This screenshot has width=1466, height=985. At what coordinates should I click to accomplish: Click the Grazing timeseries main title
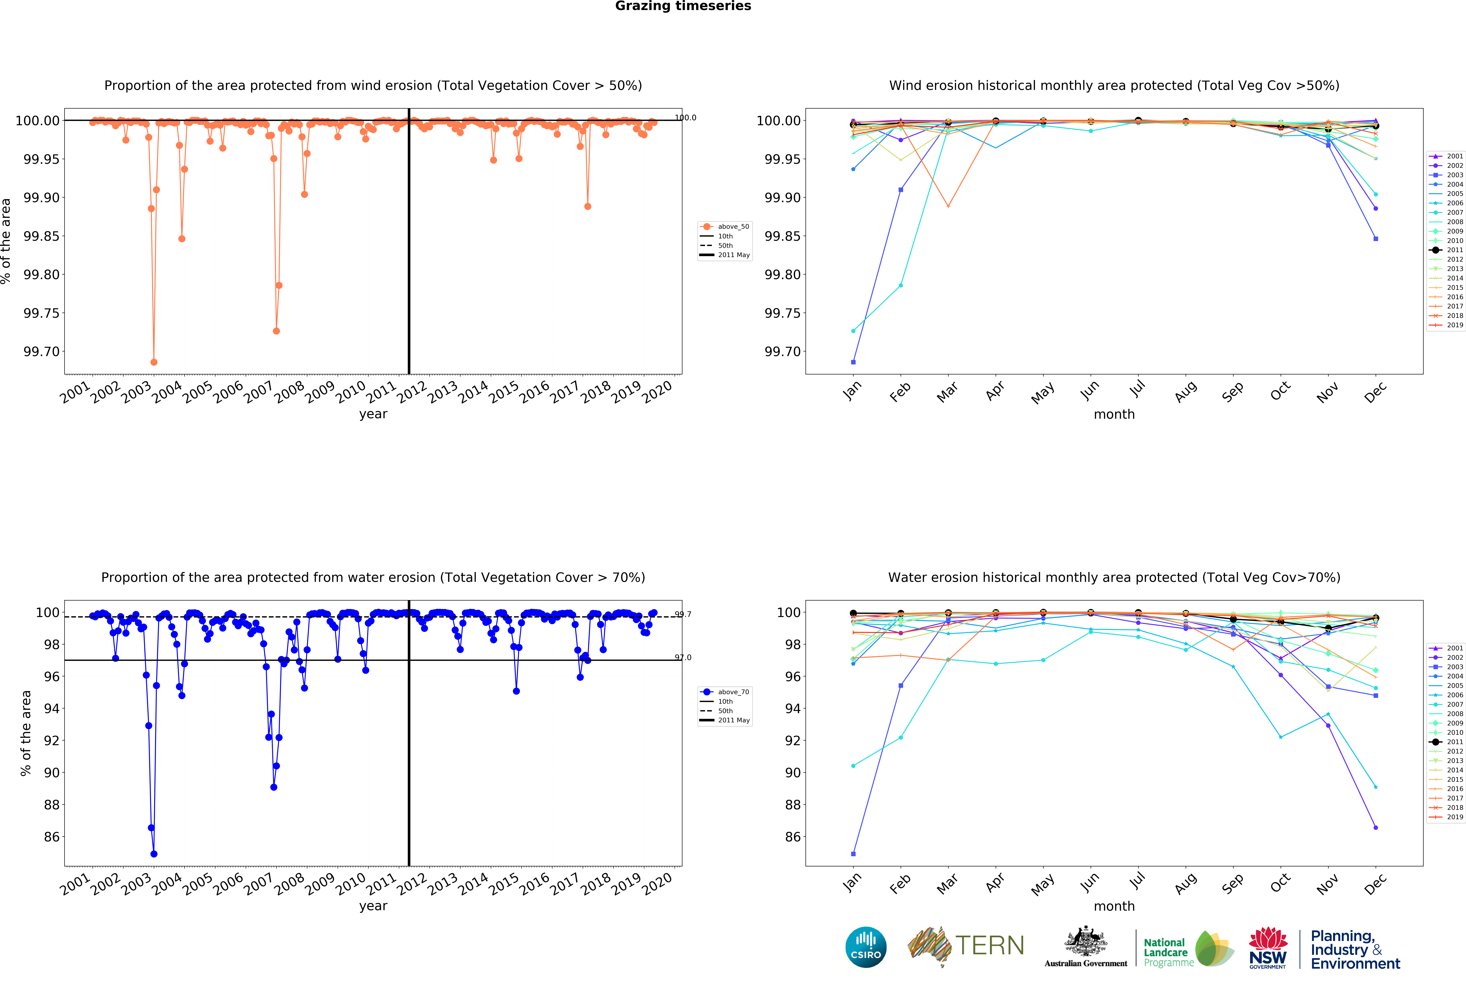click(x=683, y=6)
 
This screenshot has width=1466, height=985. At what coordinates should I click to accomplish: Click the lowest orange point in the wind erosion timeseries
click(x=154, y=362)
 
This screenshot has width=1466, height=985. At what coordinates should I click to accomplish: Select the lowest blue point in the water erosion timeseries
click(x=154, y=854)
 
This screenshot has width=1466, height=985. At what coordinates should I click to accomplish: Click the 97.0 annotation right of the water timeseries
click(x=683, y=658)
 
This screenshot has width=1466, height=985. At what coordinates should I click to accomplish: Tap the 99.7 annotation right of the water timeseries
click(x=683, y=614)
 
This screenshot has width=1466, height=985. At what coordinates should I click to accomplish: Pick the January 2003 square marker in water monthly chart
click(x=853, y=854)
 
